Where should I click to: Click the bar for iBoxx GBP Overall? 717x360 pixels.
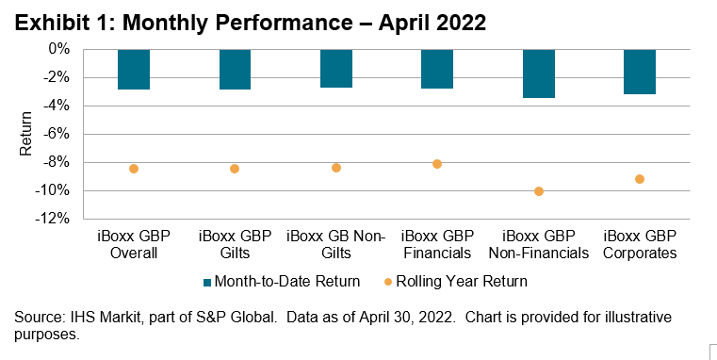click(x=134, y=69)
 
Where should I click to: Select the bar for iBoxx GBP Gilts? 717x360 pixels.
click(x=235, y=69)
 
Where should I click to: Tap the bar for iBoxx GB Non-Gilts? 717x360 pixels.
click(x=336, y=68)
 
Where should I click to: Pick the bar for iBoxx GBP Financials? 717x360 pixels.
click(x=437, y=68)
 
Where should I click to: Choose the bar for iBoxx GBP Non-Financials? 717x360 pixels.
click(x=538, y=73)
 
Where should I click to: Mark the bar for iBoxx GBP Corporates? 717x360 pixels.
click(x=640, y=71)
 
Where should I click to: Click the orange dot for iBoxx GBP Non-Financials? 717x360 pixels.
click(x=539, y=191)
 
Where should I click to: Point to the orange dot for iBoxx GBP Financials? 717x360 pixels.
click(x=437, y=164)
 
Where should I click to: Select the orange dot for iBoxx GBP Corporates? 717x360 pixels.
click(x=640, y=179)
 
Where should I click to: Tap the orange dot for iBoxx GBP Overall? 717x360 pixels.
click(x=134, y=169)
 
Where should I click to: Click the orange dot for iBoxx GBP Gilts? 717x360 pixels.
click(x=235, y=169)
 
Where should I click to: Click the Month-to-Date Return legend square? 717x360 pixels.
click(x=207, y=281)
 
